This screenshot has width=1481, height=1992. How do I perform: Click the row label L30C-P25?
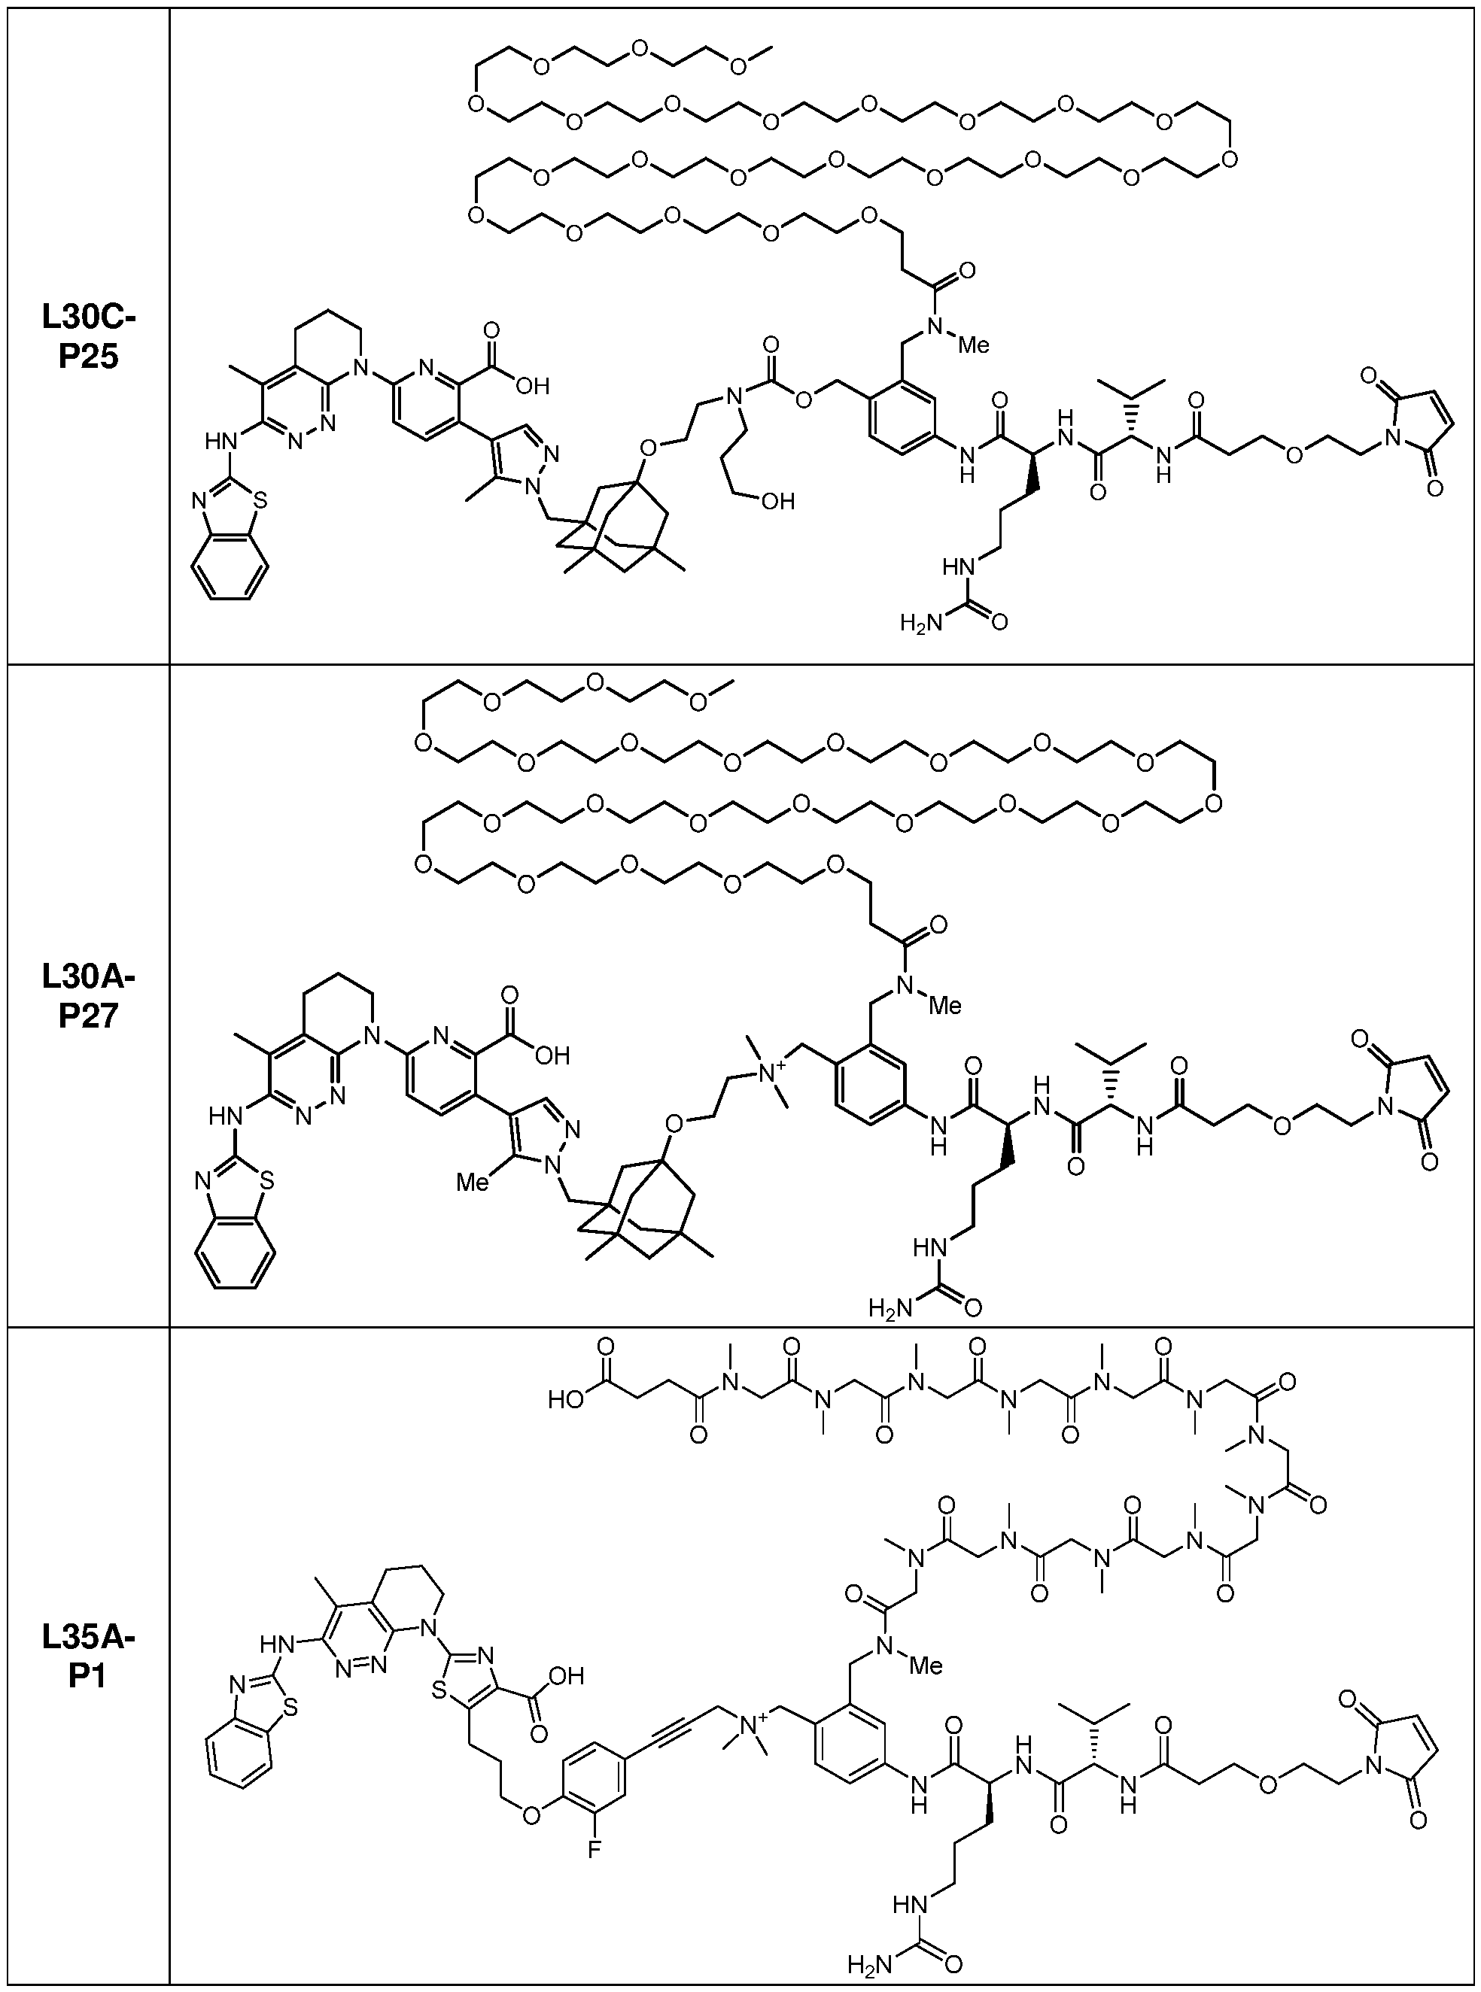(89, 336)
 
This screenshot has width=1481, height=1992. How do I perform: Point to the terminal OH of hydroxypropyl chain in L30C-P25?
(777, 501)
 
